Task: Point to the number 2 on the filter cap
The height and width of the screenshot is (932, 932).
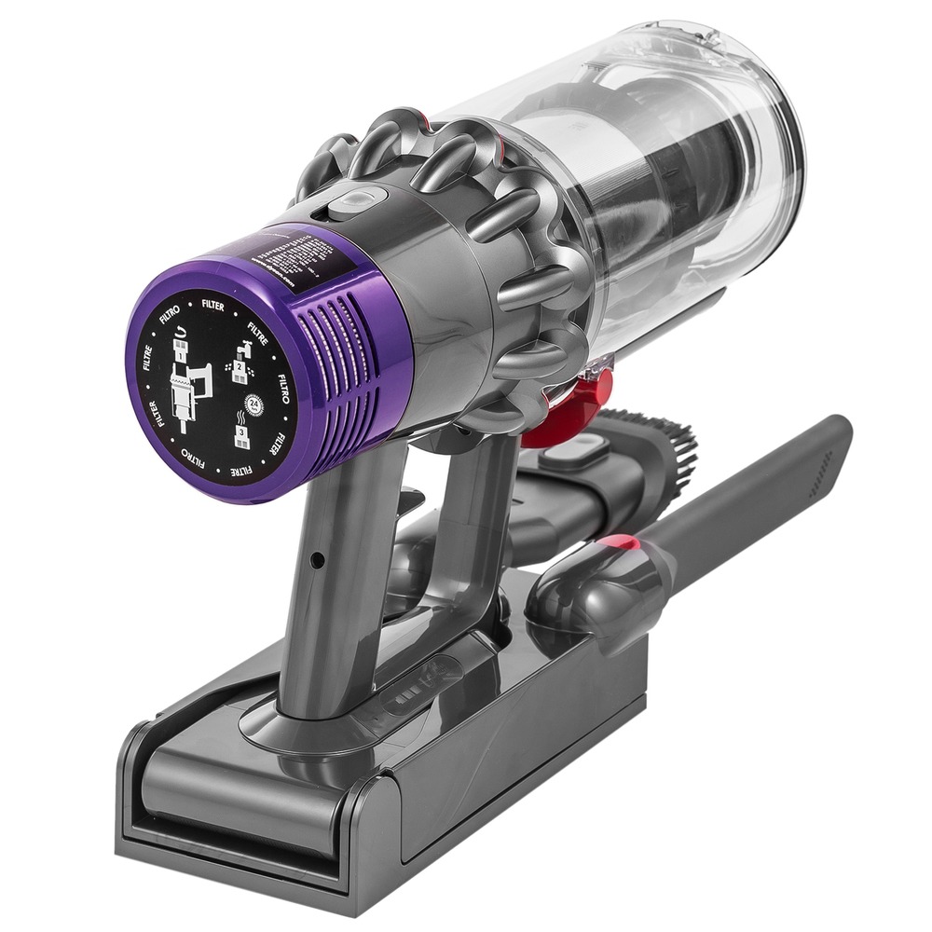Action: click(x=240, y=370)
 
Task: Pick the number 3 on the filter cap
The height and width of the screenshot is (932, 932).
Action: click(x=240, y=434)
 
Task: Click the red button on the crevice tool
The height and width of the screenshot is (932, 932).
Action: click(x=623, y=544)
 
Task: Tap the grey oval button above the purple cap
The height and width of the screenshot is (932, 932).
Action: click(x=357, y=199)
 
